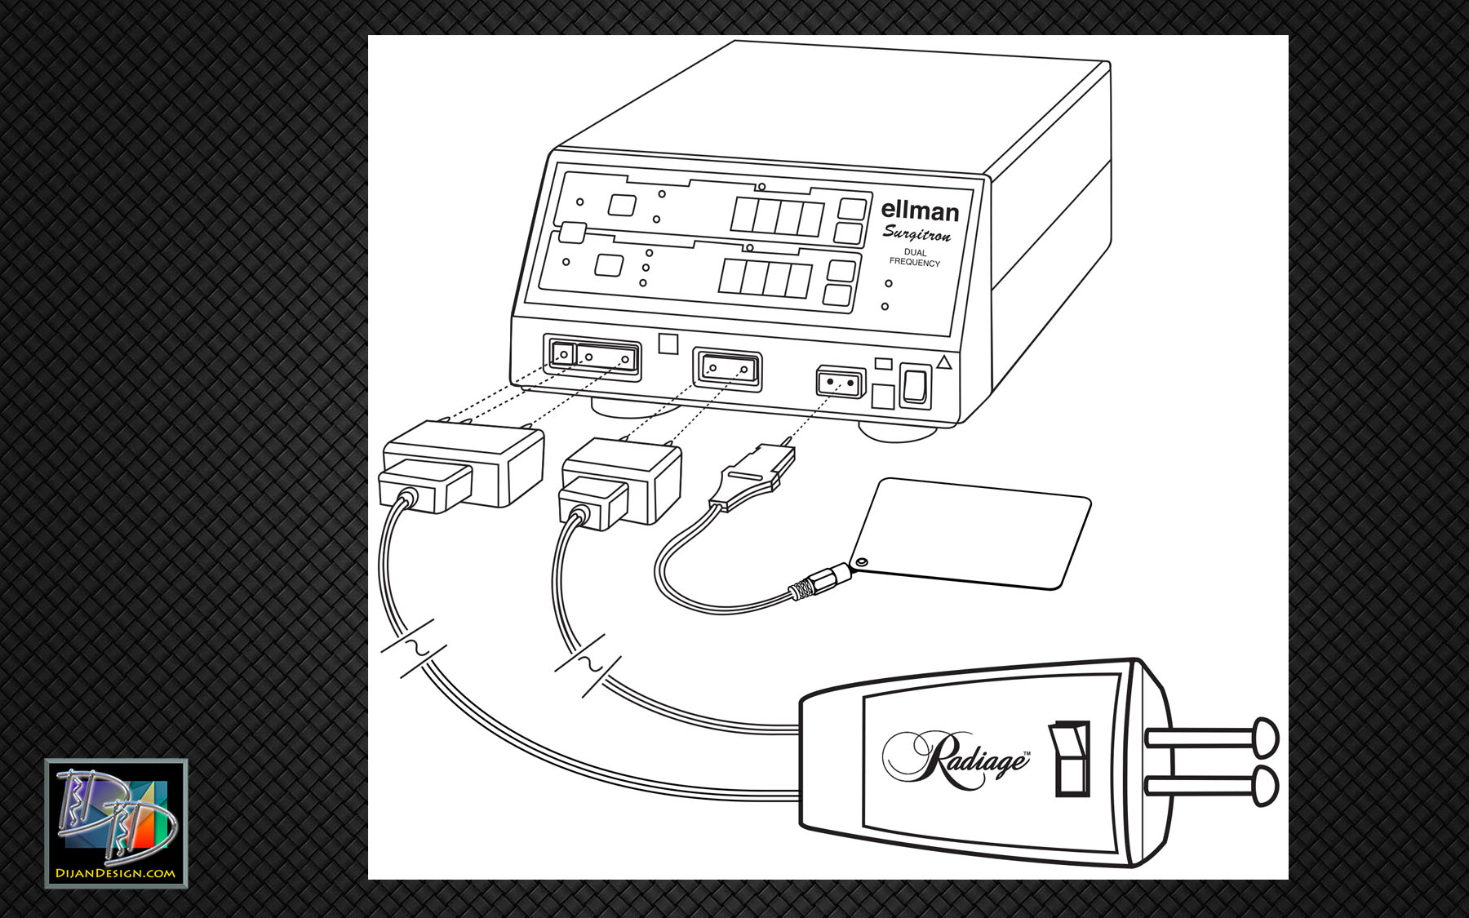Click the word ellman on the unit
920,211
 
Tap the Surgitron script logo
916,234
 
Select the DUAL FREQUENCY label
915,258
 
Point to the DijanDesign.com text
115,873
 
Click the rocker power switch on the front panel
915,385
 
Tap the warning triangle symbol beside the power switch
944,362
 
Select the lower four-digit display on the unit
765,278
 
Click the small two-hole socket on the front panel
841,382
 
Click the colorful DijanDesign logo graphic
116,816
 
